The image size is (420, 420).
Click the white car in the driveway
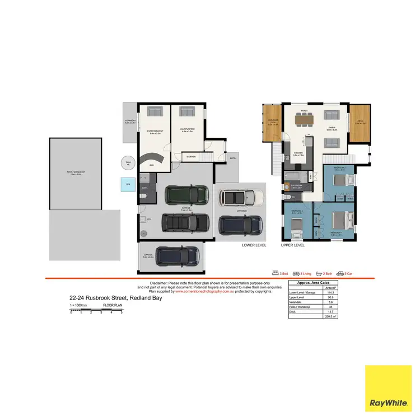coord(240,197)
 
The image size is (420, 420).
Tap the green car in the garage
coord(185,195)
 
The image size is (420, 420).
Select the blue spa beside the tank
coord(128,184)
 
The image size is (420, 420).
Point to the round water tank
coord(128,163)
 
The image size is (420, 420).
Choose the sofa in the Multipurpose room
coord(186,113)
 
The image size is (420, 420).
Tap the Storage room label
coord(192,157)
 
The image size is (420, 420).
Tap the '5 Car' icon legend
coord(346,273)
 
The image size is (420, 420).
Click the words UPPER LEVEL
coord(292,245)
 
